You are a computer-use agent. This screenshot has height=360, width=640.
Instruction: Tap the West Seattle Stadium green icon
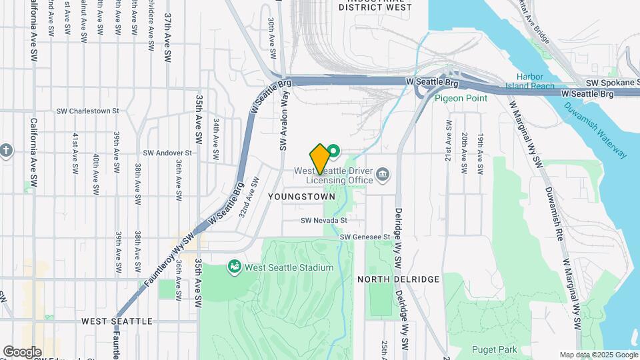(235, 267)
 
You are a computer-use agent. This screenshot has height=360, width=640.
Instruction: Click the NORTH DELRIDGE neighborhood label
(398, 279)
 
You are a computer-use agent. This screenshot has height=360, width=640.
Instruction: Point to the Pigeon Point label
(461, 98)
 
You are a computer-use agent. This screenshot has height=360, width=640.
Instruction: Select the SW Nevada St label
(324, 220)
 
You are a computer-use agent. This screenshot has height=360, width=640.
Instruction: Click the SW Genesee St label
(365, 237)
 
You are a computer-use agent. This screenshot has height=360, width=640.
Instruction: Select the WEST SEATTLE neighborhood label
(117, 321)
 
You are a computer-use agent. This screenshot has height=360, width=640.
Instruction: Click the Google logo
(22, 351)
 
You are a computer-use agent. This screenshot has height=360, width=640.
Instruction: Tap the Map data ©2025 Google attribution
(598, 355)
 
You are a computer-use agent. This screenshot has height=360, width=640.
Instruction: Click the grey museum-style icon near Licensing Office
(383, 175)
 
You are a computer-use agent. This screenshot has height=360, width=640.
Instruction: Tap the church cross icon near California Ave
(7, 149)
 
